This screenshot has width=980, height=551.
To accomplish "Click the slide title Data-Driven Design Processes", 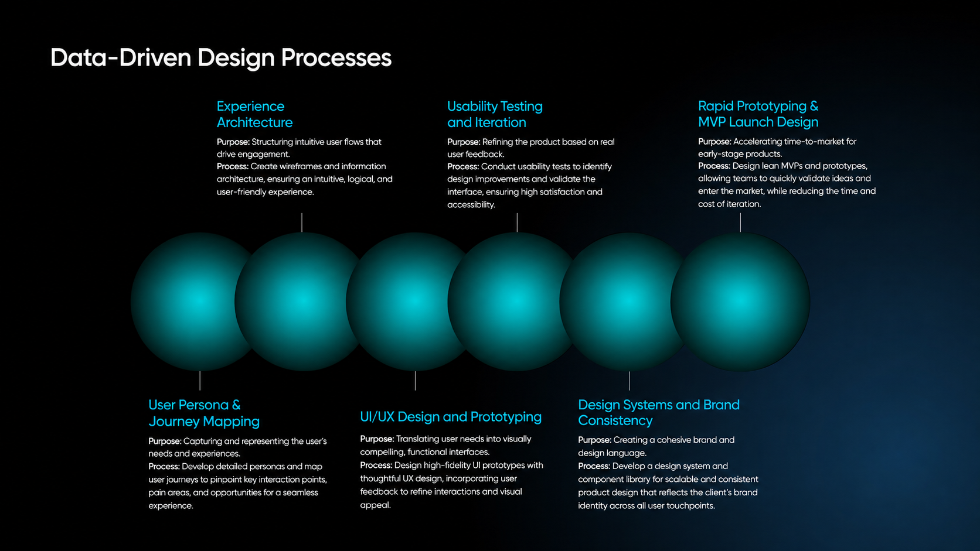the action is (221, 58).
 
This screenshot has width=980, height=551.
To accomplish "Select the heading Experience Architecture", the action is (254, 114).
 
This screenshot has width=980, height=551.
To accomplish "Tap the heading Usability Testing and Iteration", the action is (495, 114).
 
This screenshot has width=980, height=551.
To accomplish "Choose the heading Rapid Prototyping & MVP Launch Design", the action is (758, 114).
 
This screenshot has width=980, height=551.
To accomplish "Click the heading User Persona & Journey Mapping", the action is (204, 413).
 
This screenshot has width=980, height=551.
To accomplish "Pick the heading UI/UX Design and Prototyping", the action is (451, 417).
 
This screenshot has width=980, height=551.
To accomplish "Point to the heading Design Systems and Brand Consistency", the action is (659, 412).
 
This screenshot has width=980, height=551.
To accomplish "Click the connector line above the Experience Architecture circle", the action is (302, 223).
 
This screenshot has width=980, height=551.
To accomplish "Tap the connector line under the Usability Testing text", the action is (517, 223).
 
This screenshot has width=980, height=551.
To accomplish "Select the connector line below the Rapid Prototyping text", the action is (740, 223).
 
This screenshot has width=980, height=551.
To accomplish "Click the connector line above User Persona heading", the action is (200, 381).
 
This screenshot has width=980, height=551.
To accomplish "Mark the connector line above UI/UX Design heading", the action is (415, 381).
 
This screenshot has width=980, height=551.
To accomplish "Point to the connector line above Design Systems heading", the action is (629, 381).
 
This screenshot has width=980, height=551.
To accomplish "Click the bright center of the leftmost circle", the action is (199, 301).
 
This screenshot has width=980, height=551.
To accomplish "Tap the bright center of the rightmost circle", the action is (740, 301).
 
